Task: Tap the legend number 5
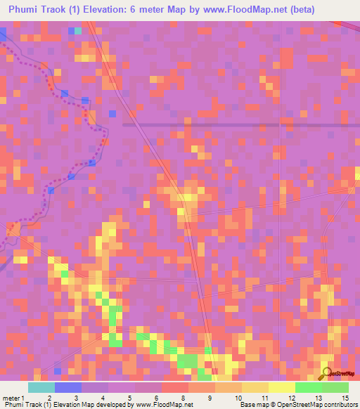click(x=129, y=398)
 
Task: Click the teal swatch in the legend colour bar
click(x=41, y=387)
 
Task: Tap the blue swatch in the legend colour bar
click(x=68, y=387)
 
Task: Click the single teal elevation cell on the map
click(x=77, y=31)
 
